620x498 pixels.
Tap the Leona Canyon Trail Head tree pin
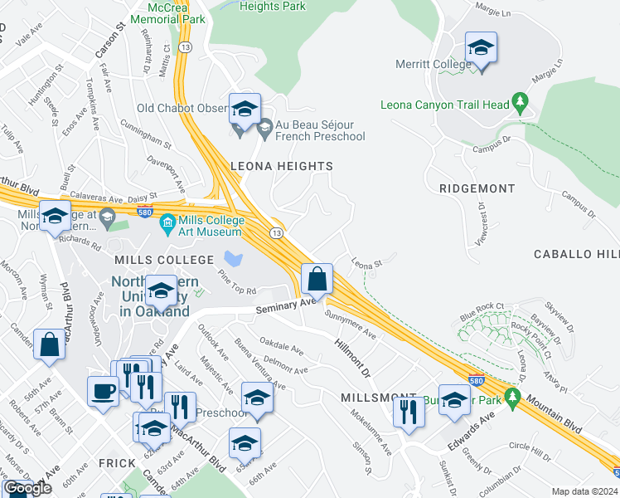tap(521, 104)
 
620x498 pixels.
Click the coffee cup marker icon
tap(104, 391)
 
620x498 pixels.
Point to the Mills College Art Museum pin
tap(167, 222)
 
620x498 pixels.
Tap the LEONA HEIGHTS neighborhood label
tap(281, 166)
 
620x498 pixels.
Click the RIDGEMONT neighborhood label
tap(477, 188)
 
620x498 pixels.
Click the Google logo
tap(27, 488)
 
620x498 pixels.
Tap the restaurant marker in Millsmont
tap(408, 412)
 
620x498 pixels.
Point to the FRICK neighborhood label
tap(111, 462)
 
